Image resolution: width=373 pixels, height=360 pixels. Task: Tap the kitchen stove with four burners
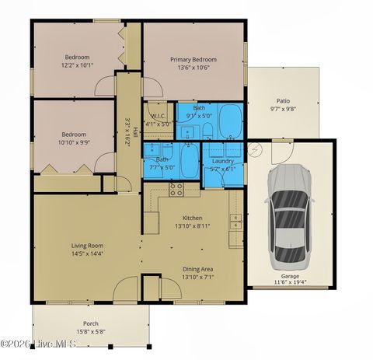[176, 189]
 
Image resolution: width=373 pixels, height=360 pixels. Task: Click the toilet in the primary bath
[208, 128]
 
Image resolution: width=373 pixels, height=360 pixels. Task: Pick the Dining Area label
[197, 269]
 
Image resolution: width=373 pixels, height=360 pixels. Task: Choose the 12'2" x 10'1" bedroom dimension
[76, 65]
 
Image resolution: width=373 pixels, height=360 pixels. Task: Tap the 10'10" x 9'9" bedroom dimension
[73, 142]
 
